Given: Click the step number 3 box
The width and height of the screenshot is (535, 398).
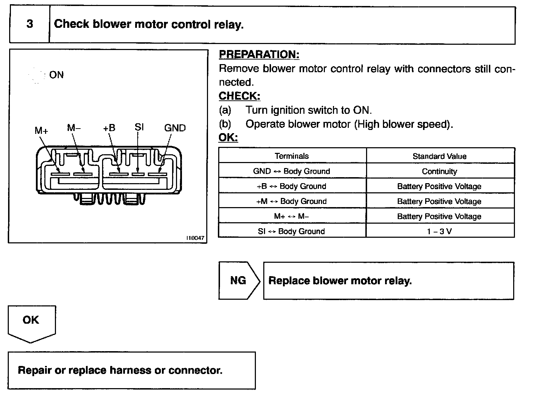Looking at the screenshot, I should tap(30, 24).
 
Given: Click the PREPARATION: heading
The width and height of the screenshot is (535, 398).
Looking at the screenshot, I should tap(259, 54).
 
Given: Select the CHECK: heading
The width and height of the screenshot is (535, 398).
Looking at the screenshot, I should tap(239, 96).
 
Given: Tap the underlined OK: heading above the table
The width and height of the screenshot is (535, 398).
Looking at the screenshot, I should tap(228, 137).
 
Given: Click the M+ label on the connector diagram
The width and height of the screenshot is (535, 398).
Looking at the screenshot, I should tap(41, 131).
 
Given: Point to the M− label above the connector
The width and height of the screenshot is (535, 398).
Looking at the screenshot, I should tap(74, 128).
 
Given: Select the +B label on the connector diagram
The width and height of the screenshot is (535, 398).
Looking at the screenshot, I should tap(109, 128).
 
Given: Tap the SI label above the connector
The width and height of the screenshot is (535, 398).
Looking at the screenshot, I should tap(139, 127).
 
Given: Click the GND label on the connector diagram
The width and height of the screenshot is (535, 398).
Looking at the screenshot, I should tap(175, 128).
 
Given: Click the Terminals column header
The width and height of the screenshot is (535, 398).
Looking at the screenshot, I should tap(292, 156).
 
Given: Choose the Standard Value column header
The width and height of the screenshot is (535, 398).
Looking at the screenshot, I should tap(440, 156).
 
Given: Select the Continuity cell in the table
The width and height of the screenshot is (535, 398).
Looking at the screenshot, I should tap(440, 171).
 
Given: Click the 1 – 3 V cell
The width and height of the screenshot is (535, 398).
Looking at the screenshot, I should tap(440, 231).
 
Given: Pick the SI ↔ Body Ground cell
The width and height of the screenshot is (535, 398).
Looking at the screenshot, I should tap(292, 231).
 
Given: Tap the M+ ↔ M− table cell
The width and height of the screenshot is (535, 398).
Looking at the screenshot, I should tap(292, 216).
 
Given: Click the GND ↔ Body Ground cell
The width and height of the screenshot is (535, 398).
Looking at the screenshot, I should tap(292, 171).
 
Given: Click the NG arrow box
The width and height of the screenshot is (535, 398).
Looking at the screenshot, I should tap(238, 280).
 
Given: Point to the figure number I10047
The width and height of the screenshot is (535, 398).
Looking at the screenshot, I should tap(195, 238).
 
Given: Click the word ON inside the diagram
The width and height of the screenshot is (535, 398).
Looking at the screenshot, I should tap(56, 75).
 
